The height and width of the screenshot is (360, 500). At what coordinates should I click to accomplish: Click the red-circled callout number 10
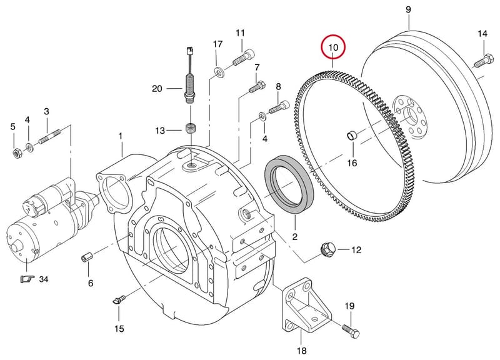[x=333, y=47]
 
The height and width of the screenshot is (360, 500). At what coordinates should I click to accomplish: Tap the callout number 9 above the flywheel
[x=409, y=9]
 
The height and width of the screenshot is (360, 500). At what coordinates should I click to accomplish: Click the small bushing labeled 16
[x=352, y=136]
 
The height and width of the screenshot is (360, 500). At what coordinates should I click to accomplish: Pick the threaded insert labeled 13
[x=191, y=130]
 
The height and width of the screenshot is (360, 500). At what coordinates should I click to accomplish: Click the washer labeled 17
[x=219, y=72]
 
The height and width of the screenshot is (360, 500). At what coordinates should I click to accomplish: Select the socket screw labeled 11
[x=244, y=57]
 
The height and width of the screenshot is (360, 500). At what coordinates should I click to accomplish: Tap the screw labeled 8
[x=279, y=107]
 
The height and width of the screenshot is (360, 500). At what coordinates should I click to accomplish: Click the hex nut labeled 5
[x=16, y=153]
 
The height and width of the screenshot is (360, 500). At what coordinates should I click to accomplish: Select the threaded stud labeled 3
[x=50, y=136]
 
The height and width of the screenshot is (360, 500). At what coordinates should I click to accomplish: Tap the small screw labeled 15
[x=119, y=300]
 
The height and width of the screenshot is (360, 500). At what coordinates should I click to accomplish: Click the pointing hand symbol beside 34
[x=27, y=279]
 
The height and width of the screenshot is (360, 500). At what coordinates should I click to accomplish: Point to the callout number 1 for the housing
[x=121, y=136]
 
